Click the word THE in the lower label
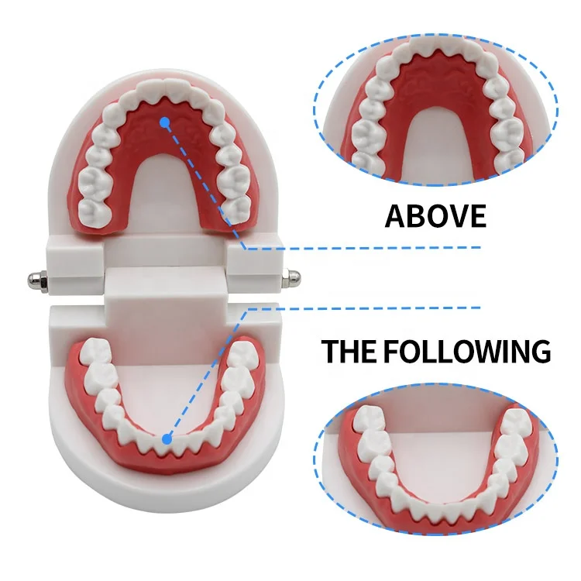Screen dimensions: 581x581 coord(349,350)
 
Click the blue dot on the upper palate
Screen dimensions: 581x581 coord(164,121)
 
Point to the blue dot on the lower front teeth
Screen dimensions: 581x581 coord(165,439)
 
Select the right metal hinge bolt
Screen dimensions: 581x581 coord(294,276)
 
